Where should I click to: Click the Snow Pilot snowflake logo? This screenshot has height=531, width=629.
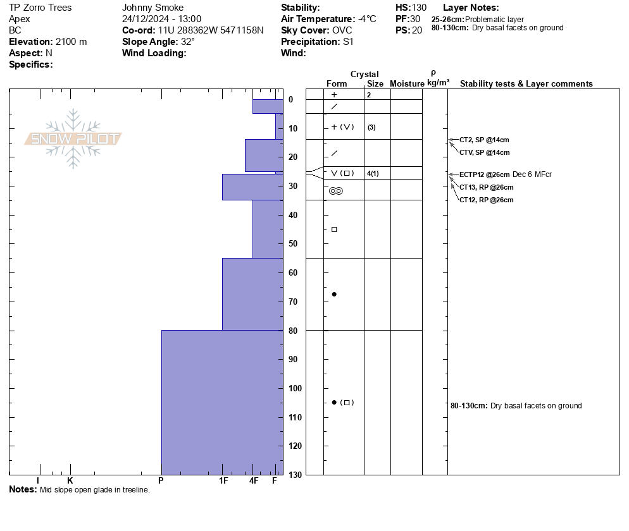[x=73, y=138]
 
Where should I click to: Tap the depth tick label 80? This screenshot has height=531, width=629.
[x=293, y=331]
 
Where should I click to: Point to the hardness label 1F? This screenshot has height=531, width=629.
[x=223, y=480]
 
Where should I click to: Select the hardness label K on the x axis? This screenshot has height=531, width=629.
[x=70, y=480]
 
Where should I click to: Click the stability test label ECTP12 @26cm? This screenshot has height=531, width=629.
[x=484, y=174]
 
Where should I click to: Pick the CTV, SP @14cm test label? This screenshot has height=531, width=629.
[x=484, y=153]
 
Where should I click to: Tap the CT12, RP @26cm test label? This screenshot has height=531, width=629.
[x=486, y=200]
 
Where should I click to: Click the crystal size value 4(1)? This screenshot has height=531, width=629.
[x=373, y=174]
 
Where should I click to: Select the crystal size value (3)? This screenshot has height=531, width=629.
[x=371, y=128]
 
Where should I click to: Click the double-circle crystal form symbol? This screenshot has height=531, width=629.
[x=336, y=191]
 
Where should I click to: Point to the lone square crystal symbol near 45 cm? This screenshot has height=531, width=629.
[x=334, y=229]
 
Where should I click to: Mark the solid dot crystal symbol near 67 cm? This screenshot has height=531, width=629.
[x=334, y=294]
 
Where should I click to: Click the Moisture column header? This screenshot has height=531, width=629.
[x=407, y=83]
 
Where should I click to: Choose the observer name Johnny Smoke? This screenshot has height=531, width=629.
[x=153, y=8]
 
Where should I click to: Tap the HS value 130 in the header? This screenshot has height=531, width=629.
[x=419, y=8]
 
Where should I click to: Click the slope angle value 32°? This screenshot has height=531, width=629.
[x=187, y=42]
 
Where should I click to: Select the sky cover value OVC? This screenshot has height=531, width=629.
[x=342, y=30]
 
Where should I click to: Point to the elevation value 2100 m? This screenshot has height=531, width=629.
[x=71, y=42]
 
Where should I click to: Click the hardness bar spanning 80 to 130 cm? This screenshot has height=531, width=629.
[x=222, y=402]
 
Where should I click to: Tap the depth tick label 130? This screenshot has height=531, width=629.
[x=295, y=475]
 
